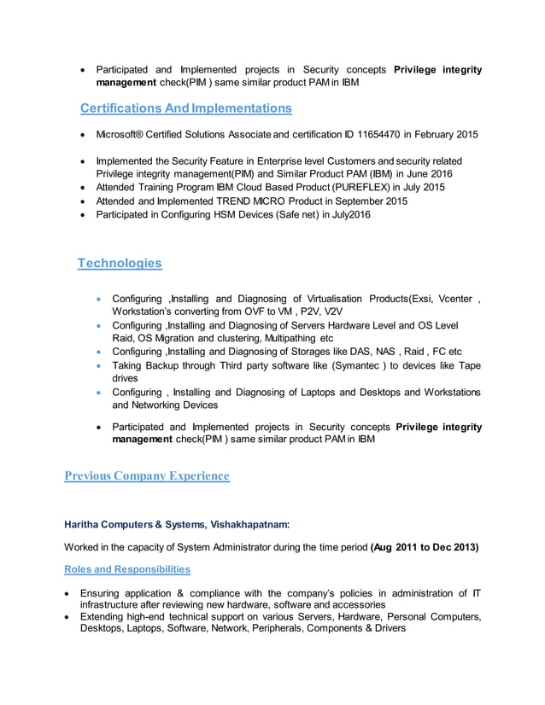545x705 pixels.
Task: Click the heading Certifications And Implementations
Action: click(x=185, y=108)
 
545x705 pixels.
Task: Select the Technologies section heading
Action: click(x=120, y=263)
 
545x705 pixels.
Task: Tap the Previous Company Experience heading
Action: click(x=147, y=475)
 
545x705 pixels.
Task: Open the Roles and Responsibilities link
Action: click(x=127, y=569)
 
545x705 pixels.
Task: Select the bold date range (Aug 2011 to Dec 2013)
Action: click(x=425, y=547)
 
